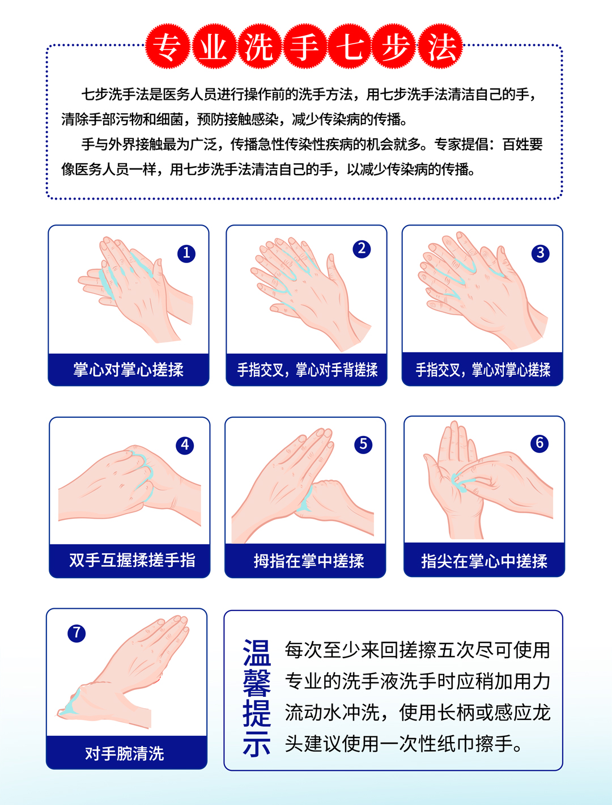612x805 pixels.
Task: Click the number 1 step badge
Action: point(186,253)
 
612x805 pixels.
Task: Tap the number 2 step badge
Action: point(362,249)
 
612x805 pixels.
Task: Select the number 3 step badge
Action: point(540,253)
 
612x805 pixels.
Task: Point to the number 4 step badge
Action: point(185,445)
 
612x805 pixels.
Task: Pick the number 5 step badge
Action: point(363,444)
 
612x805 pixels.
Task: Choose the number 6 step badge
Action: point(540,443)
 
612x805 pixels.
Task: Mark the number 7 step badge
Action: point(76,633)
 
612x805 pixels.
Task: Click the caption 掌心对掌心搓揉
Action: point(128,370)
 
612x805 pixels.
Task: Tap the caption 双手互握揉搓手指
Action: point(132,561)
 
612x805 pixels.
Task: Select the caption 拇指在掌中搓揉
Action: point(309,561)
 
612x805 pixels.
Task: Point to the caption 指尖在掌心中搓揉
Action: point(484,561)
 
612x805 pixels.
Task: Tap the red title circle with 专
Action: point(168,46)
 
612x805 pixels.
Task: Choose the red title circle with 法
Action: point(440,46)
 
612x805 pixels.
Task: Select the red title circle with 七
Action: point(350,46)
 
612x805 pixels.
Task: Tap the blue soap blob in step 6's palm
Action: point(461,482)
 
